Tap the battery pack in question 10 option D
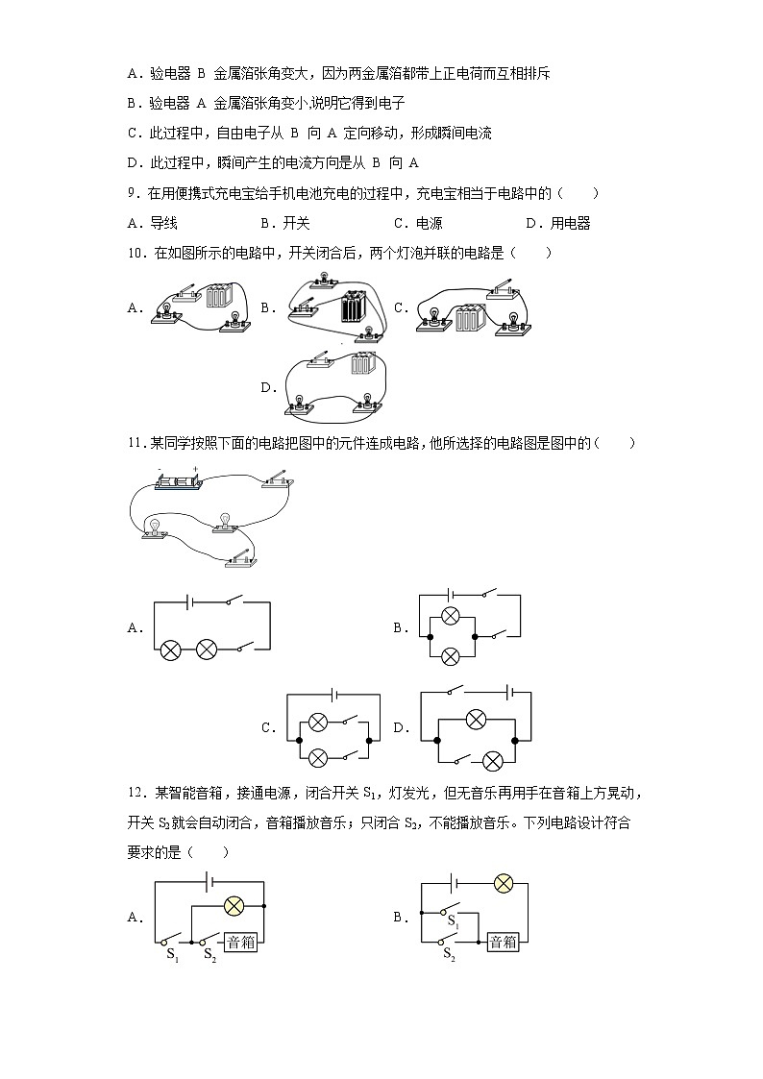pyautogui.click(x=362, y=364)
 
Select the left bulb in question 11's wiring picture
pyautogui.click(x=154, y=527)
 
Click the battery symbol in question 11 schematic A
pyautogui.click(x=191, y=602)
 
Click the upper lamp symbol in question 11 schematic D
pyautogui.click(x=473, y=717)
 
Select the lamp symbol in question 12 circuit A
pyautogui.click(x=234, y=905)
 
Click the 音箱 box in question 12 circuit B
pyautogui.click(x=504, y=942)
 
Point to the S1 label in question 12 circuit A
pyautogui.click(x=172, y=955)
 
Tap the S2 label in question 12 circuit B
pyautogui.click(x=448, y=954)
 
